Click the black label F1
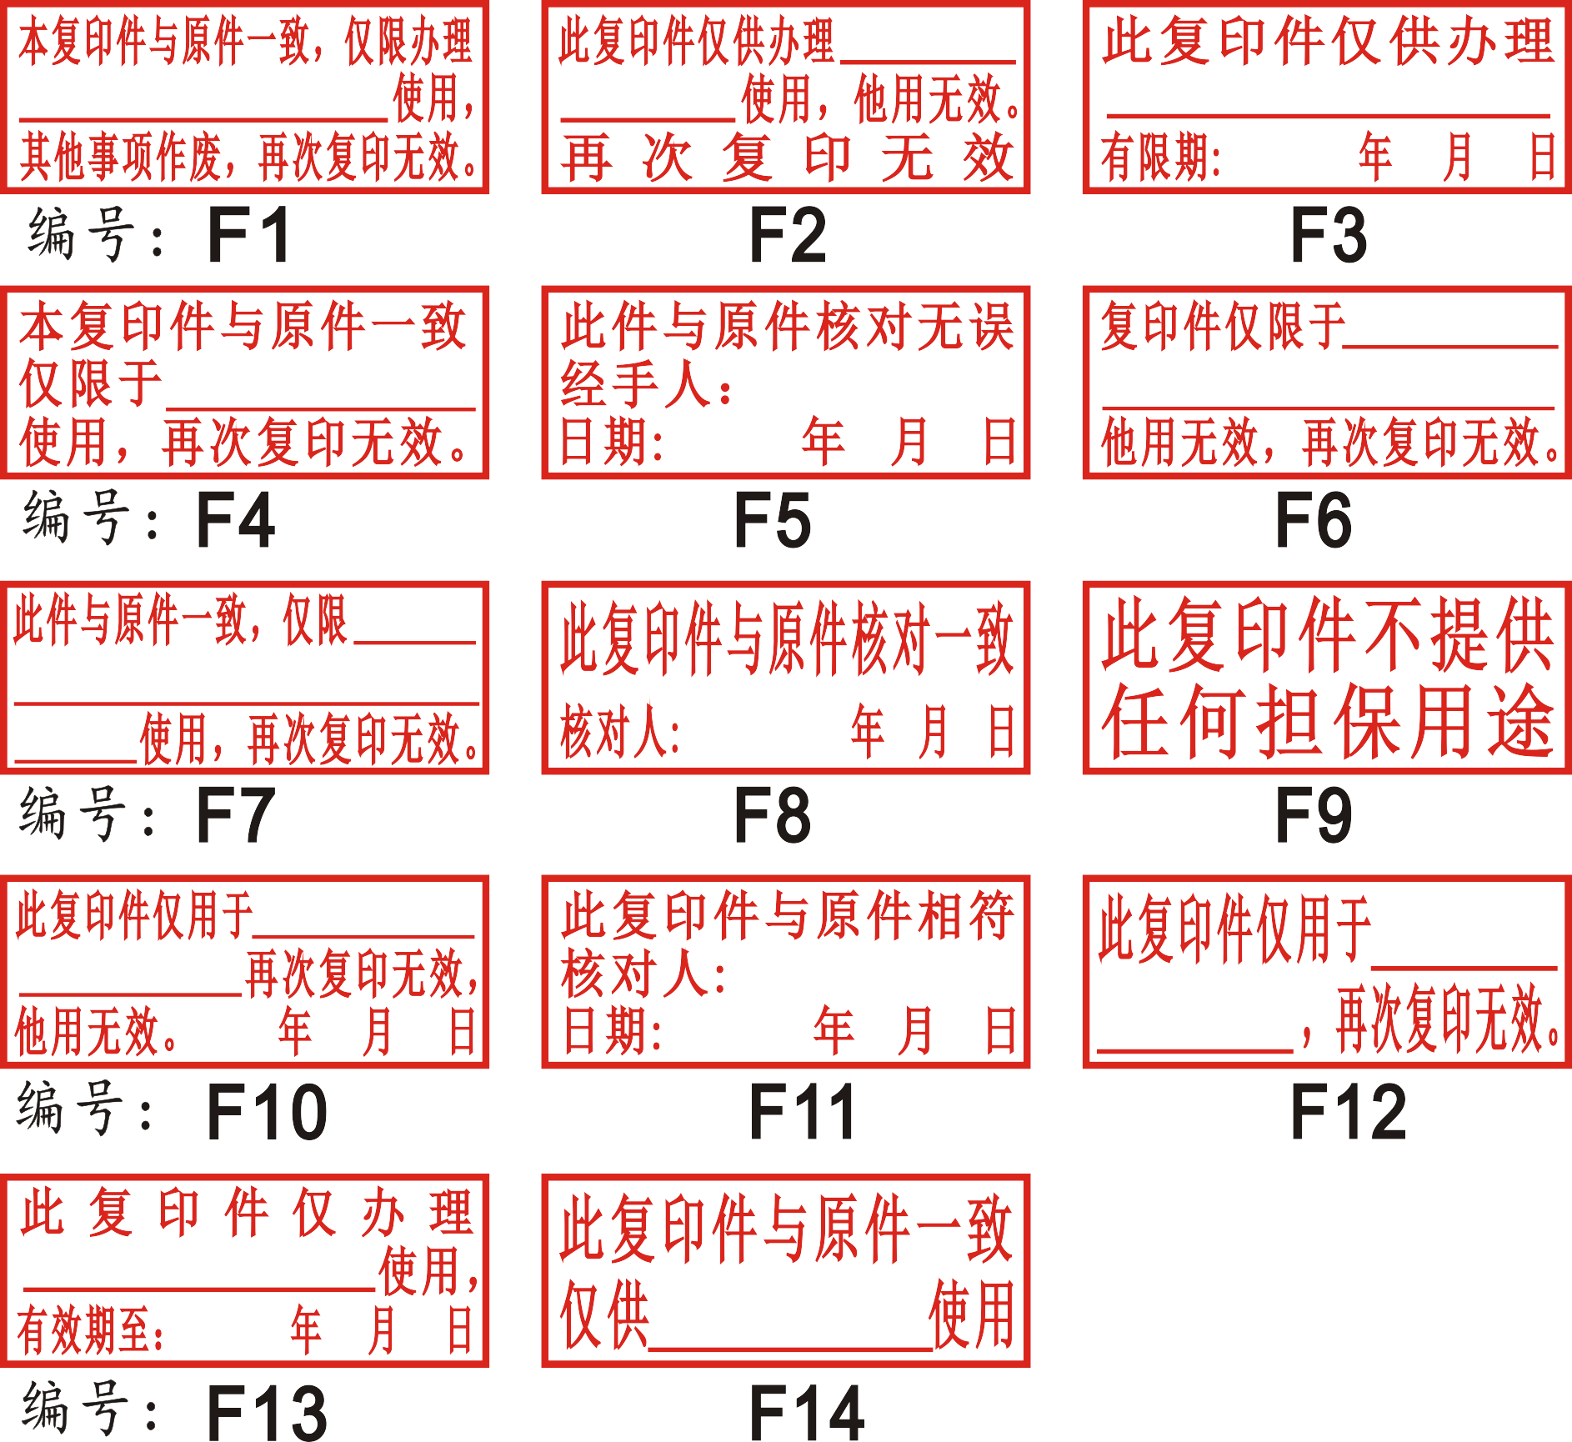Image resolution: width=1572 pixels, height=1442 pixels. coord(248,236)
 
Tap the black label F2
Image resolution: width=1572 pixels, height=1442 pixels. coord(788,236)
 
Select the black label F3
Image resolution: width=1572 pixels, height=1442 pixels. coord(1329,236)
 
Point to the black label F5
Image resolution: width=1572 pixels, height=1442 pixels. coord(772,521)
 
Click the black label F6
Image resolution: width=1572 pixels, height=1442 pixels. coord(1314,521)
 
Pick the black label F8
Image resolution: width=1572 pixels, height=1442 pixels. coord(772,815)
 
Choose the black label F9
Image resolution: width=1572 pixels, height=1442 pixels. coord(1314,815)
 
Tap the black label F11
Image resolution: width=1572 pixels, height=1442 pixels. coord(802,1111)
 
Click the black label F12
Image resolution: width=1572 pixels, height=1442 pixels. coord(1348,1111)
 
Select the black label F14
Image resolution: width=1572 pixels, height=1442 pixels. coord(807,1411)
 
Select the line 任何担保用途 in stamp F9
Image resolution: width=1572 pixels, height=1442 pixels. coord(1327,722)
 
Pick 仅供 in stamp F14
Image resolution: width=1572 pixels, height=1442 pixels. coord(603,1315)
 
